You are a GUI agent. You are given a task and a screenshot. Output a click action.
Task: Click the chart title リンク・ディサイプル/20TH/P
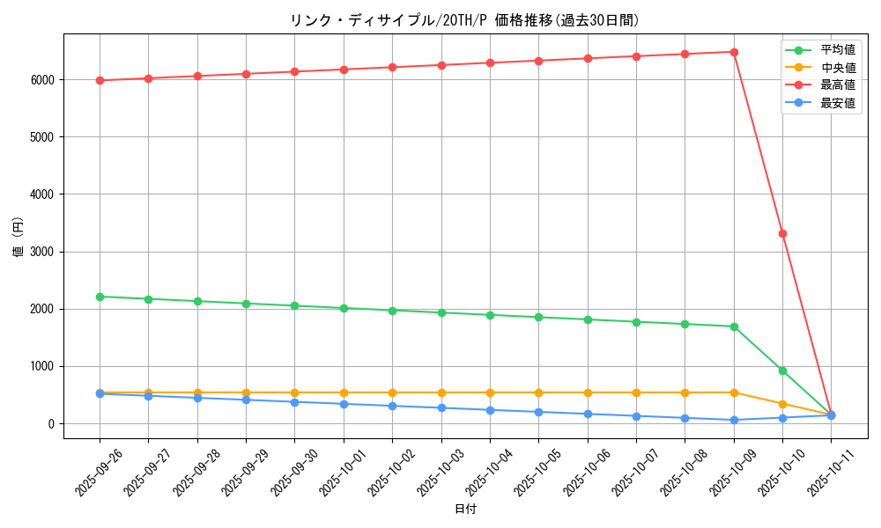tap(464, 20)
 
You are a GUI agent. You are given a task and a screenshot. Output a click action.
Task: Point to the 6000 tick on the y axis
tap(43, 80)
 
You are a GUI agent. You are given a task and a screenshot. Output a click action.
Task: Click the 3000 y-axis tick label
tap(43, 252)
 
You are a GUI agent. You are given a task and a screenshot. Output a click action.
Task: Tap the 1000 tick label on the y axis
tap(43, 367)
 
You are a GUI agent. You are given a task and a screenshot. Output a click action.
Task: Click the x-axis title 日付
tap(464, 510)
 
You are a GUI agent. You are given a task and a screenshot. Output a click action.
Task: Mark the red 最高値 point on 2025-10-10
tap(782, 233)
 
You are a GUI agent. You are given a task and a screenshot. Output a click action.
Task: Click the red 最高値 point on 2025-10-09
tap(734, 52)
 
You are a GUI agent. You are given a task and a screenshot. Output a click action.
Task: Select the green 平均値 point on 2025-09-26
tap(100, 297)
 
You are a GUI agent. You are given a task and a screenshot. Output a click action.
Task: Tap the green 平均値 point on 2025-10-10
tap(782, 370)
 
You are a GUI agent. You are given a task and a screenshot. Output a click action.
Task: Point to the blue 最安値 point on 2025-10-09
tap(734, 420)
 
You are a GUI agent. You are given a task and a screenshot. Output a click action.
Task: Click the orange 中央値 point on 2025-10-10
tap(782, 404)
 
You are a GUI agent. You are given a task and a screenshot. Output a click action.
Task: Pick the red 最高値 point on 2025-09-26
tap(100, 80)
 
